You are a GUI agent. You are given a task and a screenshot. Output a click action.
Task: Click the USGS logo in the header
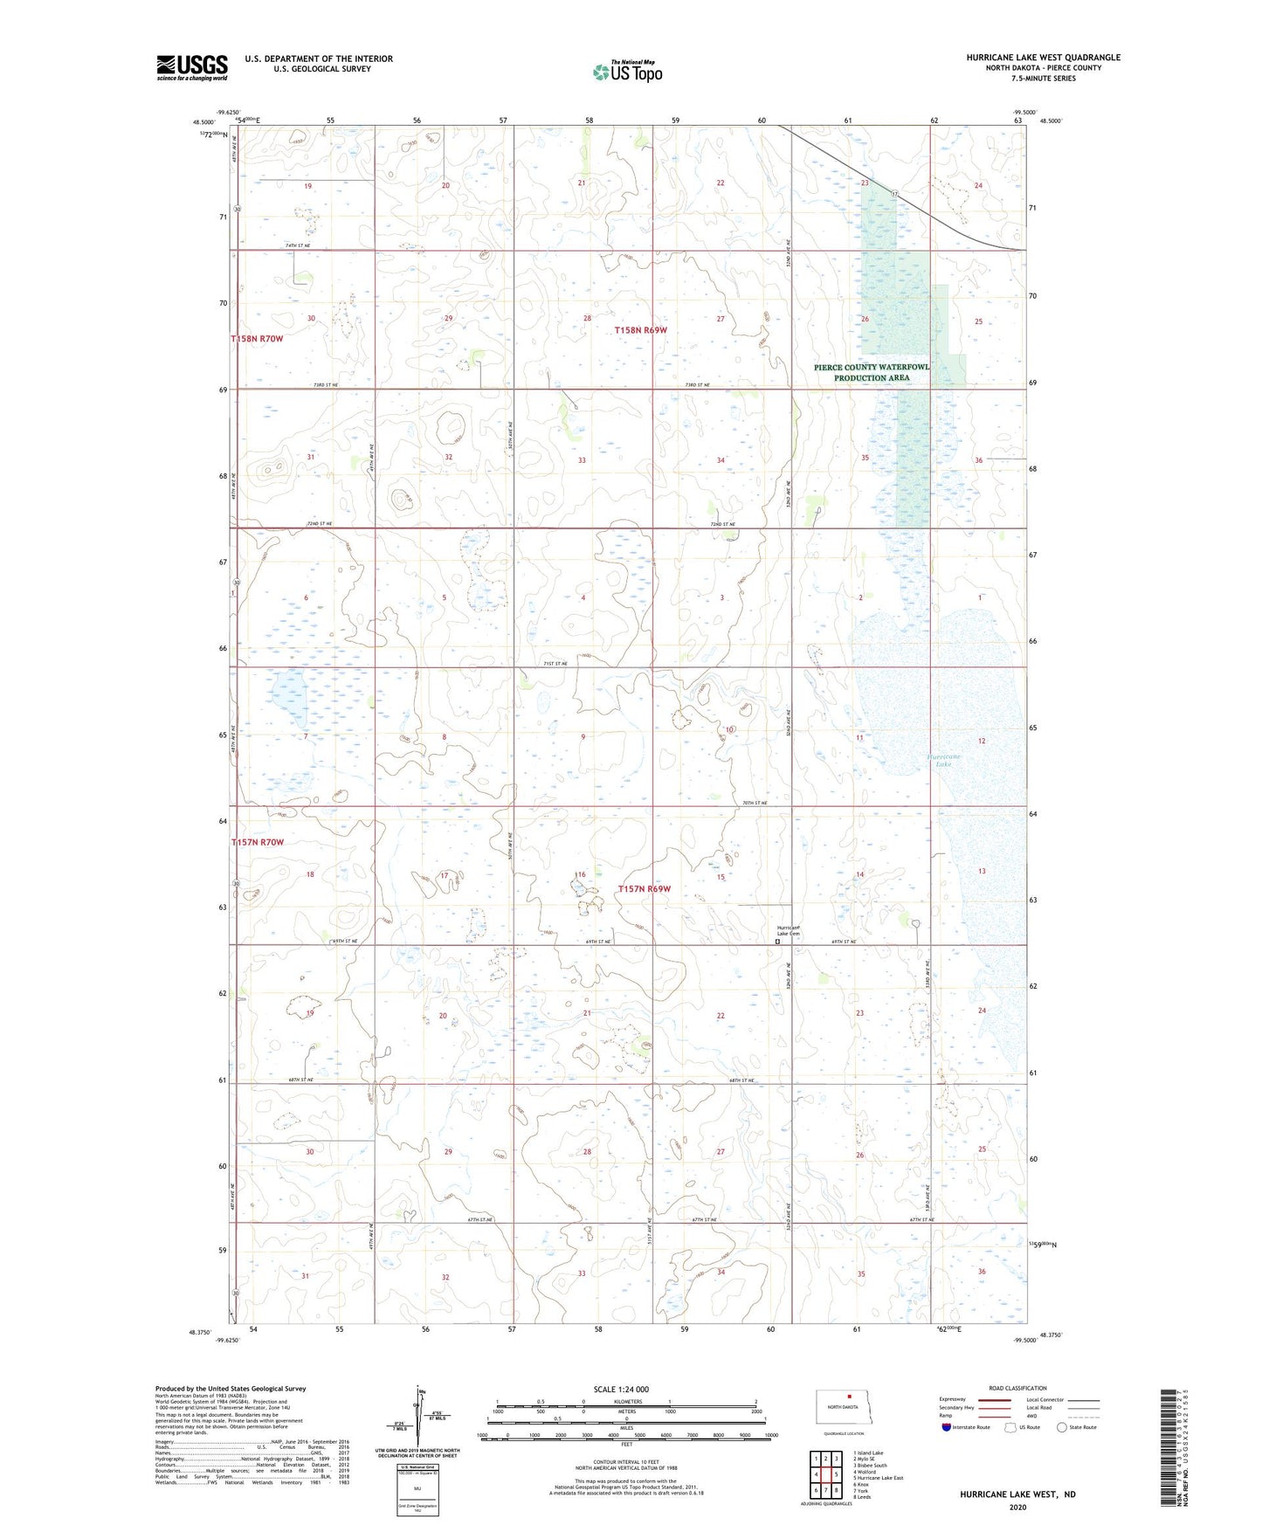point(192,67)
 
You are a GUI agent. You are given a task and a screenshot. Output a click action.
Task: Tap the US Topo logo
point(627,72)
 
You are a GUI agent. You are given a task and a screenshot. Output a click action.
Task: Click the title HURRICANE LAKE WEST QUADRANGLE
point(1043,58)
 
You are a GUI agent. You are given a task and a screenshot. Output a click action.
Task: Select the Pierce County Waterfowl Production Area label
point(872,373)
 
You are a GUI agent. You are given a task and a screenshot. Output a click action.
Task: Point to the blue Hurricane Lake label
point(943,760)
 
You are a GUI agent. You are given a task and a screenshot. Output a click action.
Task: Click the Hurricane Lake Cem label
point(789,931)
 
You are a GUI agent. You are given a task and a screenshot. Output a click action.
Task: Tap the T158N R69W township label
point(640,330)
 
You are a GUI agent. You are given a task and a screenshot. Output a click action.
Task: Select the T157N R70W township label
point(258,842)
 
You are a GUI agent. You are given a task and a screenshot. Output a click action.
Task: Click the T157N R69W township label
point(645,889)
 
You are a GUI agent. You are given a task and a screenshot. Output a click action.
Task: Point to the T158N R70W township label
point(258,338)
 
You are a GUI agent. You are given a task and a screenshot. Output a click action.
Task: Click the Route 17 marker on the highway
point(895,194)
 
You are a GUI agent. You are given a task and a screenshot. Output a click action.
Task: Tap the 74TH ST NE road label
point(298,246)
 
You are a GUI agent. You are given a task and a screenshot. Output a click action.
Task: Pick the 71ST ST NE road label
point(555,664)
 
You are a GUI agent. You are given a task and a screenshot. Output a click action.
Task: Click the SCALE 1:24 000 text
point(621,1390)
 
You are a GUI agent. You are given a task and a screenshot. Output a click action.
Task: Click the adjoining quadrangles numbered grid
point(825,1472)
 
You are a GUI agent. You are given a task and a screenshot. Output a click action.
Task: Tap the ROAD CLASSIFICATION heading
point(1017,1388)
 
